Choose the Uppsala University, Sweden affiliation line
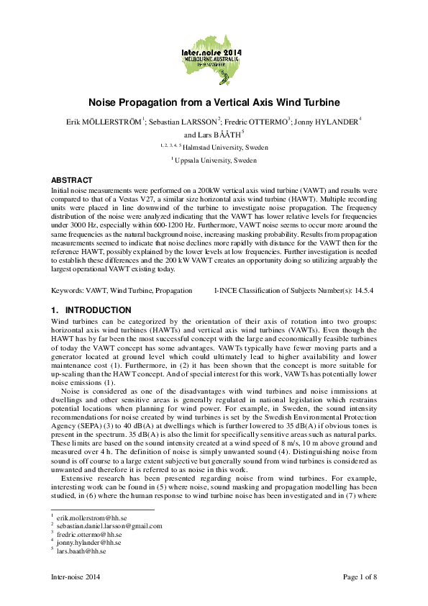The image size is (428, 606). pyautogui.click(x=216, y=160)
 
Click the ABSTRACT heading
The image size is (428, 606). pyautogui.click(x=71, y=180)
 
